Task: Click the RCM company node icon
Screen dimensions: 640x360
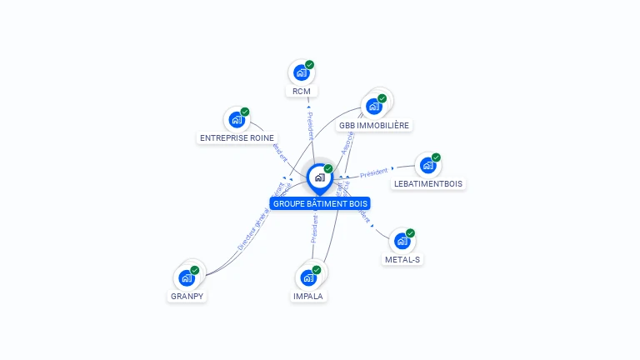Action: pos(301,73)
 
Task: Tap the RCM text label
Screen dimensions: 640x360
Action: pos(301,91)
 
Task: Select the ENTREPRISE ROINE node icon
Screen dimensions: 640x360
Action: pos(237,120)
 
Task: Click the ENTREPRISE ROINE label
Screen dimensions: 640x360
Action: pos(237,137)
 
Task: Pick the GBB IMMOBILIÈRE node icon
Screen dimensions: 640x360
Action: pos(374,107)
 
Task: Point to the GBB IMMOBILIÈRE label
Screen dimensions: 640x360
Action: pos(374,126)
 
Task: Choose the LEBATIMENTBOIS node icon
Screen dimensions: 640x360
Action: pos(427,166)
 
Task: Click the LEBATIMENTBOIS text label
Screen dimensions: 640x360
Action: pos(427,183)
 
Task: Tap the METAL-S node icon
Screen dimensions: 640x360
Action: pos(402,242)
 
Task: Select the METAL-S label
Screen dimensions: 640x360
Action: pos(402,259)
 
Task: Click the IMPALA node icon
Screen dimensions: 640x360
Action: pos(308,277)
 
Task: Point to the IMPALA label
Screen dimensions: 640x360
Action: pos(308,296)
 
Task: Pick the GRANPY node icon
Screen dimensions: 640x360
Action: pos(187,277)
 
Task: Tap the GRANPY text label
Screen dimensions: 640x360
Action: pos(187,296)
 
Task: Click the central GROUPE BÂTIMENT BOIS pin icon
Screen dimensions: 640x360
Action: pos(319,177)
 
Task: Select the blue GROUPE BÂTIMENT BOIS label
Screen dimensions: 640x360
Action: pos(319,203)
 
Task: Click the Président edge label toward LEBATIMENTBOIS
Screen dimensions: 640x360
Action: pos(374,173)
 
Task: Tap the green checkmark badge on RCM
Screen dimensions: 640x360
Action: pos(309,65)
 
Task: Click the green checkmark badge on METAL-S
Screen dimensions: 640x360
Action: pos(410,233)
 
